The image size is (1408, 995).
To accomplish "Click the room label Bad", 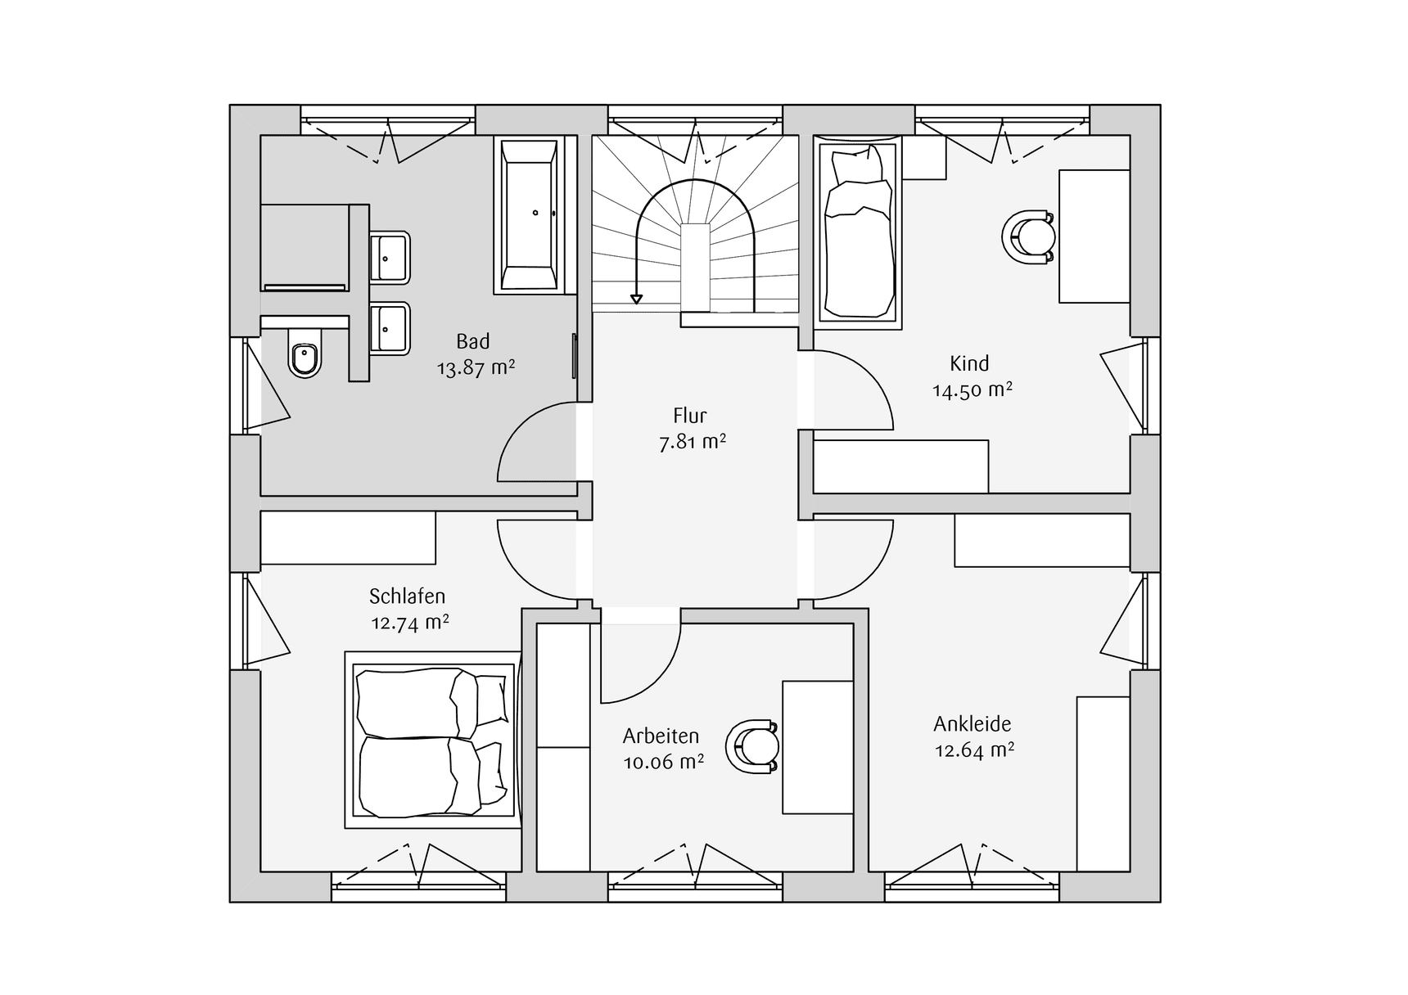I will (x=473, y=341).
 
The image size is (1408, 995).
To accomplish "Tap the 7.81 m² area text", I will (x=693, y=443).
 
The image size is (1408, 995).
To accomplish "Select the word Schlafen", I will (x=407, y=597).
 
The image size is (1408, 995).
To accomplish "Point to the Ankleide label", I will (x=973, y=724).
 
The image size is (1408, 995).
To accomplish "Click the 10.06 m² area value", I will (x=664, y=763).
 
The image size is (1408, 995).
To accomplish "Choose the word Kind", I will (x=969, y=363).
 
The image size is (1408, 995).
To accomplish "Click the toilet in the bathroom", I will (x=305, y=358).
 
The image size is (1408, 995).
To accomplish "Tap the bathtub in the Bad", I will (x=529, y=214).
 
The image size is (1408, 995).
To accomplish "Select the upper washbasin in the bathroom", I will (x=389, y=257).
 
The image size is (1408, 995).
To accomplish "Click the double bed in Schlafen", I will (x=433, y=741).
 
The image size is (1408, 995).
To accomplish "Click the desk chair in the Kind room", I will (x=1029, y=237).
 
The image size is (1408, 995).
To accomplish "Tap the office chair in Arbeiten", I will (x=752, y=746).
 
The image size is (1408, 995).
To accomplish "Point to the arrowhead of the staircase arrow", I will (x=636, y=299).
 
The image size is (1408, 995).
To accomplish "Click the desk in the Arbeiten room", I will (x=818, y=747).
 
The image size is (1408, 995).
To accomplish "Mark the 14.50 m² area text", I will (x=973, y=390).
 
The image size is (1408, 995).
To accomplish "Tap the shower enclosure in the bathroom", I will (x=304, y=246).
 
